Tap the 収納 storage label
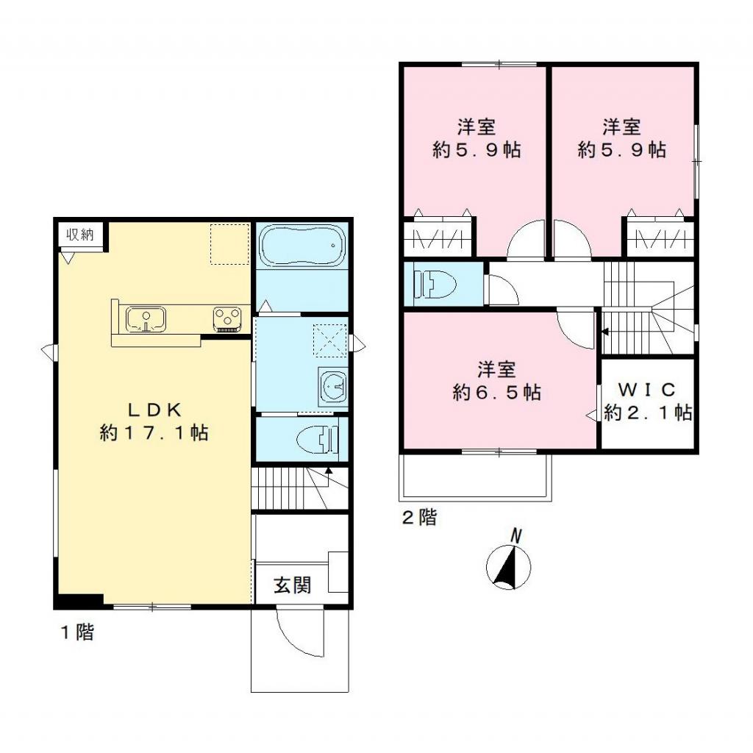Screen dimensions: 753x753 click(x=81, y=235)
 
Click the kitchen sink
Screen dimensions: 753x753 click(x=146, y=319)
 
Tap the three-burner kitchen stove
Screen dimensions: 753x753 click(x=228, y=318)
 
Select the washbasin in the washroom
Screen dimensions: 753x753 click(x=333, y=385)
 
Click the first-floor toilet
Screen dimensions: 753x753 click(x=318, y=440)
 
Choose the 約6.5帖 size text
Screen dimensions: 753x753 click(x=496, y=392)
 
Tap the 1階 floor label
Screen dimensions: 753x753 click(x=76, y=632)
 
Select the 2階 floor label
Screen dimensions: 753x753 click(x=418, y=518)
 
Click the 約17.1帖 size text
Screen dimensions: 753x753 click(x=154, y=432)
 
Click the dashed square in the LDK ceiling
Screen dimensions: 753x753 click(x=230, y=243)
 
